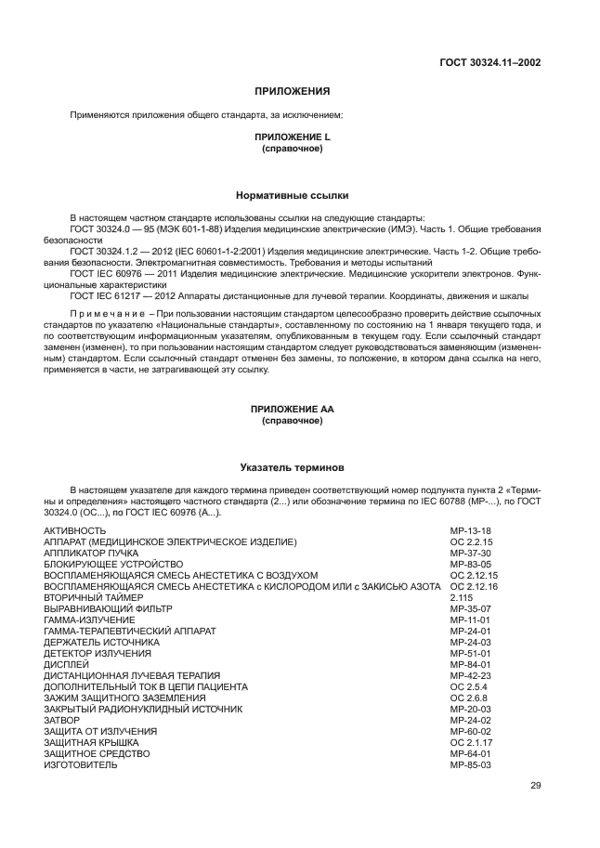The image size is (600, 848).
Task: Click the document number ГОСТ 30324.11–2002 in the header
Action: [x=489, y=63]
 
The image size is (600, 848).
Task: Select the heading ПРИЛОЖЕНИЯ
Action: [x=292, y=91]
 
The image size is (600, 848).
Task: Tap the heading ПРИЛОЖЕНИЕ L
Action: [x=292, y=137]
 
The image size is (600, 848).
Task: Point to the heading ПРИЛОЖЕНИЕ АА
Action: [x=292, y=410]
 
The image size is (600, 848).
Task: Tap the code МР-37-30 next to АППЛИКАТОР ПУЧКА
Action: [x=470, y=553]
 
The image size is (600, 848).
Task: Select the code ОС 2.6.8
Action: [x=467, y=698]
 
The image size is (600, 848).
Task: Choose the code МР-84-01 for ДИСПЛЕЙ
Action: [x=470, y=664]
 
